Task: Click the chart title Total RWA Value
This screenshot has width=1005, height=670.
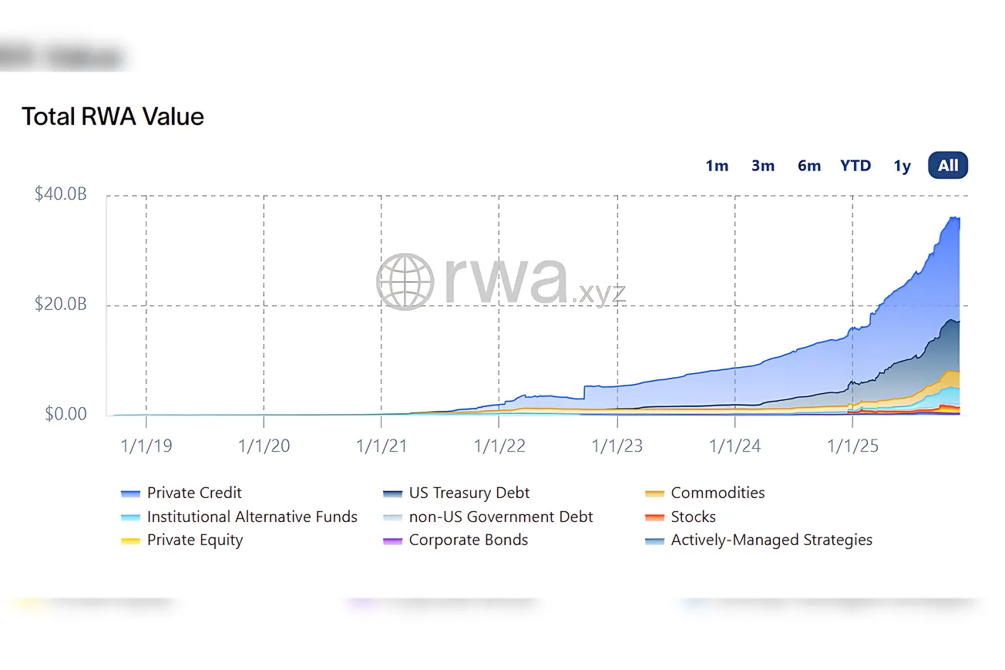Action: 113,117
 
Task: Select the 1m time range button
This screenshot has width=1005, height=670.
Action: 717,166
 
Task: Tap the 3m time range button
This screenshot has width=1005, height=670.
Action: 763,166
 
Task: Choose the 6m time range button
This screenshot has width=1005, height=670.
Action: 809,166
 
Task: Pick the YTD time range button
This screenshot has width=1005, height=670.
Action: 855,166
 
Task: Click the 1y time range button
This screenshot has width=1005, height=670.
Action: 902,166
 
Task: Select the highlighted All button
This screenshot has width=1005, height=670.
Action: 948,166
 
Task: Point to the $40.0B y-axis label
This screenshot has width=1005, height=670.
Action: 61,194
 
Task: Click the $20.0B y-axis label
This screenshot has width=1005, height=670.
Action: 61,305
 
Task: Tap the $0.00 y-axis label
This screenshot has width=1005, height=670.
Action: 66,415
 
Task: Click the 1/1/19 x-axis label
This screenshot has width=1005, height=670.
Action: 146,446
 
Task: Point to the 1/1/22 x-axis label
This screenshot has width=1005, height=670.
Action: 499,446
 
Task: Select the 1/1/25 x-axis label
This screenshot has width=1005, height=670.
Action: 852,446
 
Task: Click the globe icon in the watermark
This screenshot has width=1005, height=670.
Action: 405,281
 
